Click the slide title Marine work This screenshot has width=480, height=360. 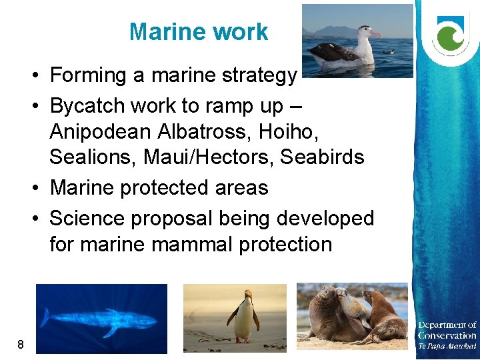199,32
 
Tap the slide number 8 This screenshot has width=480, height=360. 21,345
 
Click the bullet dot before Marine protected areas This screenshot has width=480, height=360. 37,188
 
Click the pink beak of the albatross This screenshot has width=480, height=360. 374,33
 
